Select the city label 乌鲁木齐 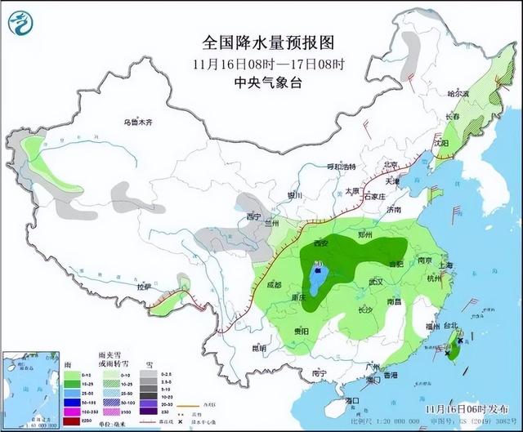[x=138, y=122]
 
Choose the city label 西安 [x=319, y=243]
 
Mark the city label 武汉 [x=377, y=281]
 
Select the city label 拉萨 [x=145, y=287]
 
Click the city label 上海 [x=445, y=265]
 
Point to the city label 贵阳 [x=301, y=331]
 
